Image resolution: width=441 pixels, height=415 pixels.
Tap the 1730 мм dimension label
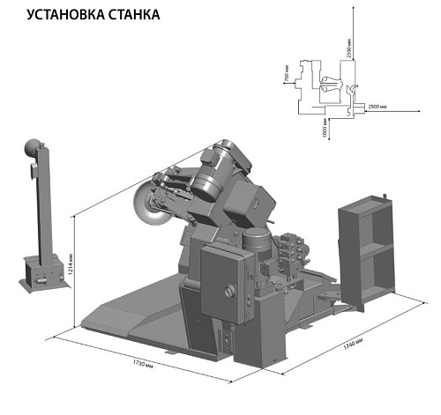tap(145, 363)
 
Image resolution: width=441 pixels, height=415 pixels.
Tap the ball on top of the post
tap(31, 145)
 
